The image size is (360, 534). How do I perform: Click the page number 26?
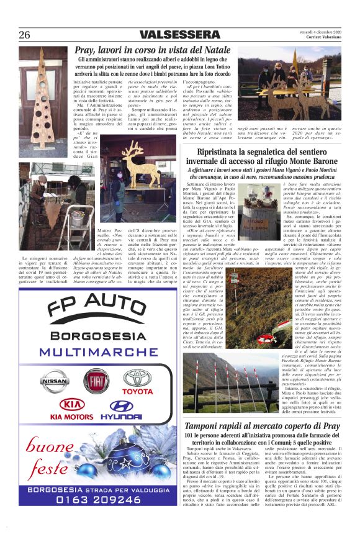tap(24, 35)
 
